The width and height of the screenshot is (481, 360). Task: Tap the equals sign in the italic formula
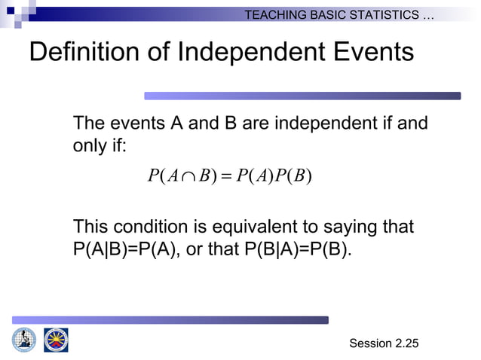pos(225,177)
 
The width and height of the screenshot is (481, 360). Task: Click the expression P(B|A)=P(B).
pos(298,249)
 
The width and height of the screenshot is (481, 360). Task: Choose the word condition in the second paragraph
pos(149,227)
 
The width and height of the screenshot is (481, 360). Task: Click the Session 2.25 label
pos(383,343)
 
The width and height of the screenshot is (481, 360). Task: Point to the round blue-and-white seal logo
pos(24,340)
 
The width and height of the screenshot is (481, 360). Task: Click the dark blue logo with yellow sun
pos(56,340)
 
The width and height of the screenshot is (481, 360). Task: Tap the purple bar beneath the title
pos(302,96)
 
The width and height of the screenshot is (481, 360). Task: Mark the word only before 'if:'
pos(90,145)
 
